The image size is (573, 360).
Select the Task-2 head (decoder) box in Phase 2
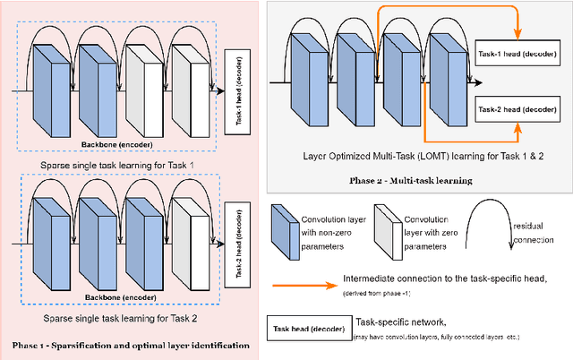point(518,108)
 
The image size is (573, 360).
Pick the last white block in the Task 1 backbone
point(189,92)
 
